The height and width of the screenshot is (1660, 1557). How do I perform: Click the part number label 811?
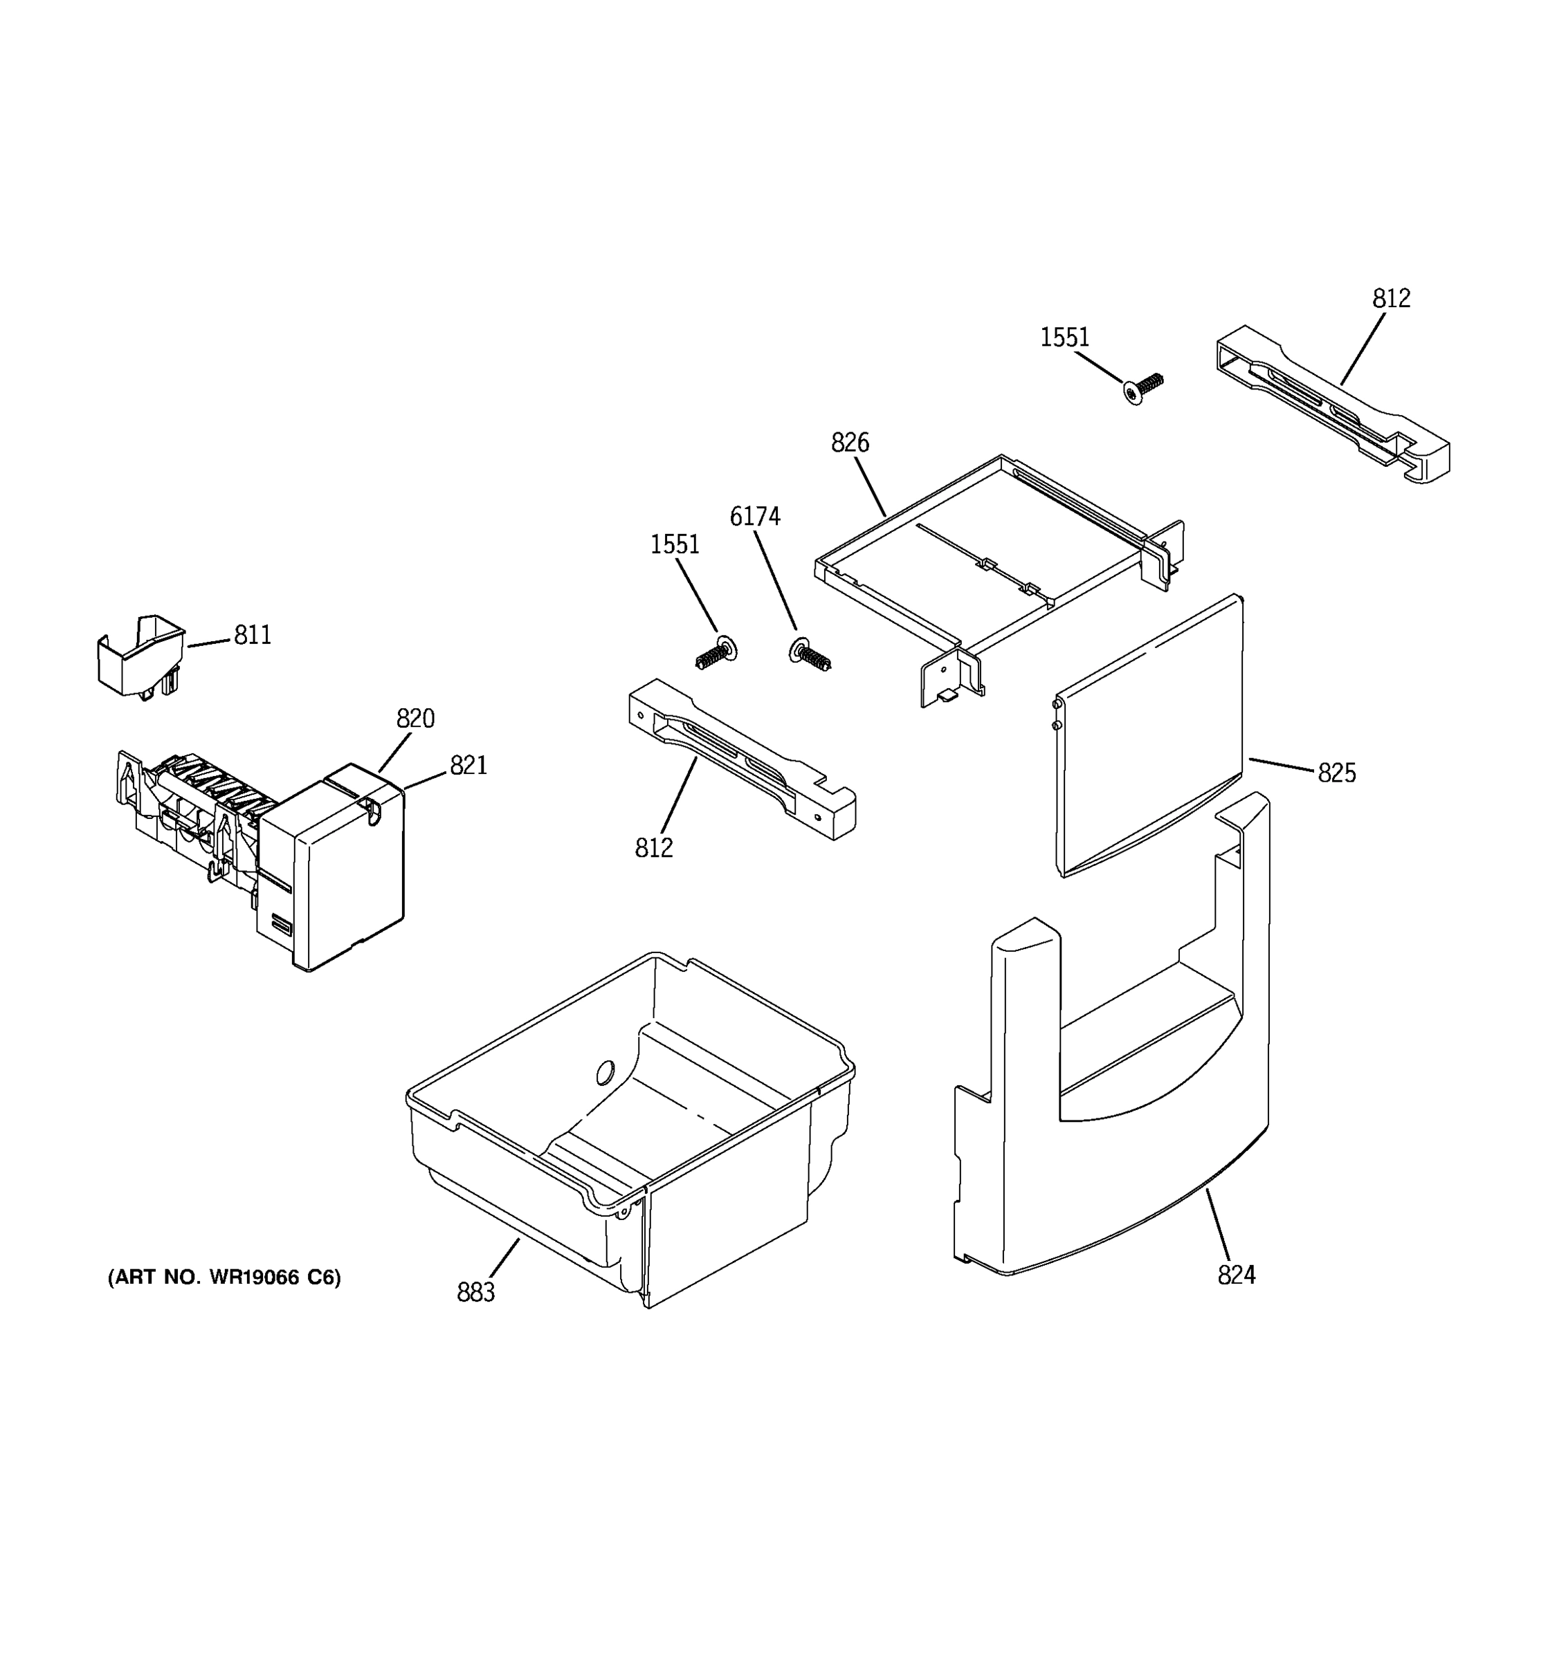(x=253, y=636)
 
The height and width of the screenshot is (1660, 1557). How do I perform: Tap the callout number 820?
(x=415, y=718)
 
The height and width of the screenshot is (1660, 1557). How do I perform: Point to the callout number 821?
(x=468, y=765)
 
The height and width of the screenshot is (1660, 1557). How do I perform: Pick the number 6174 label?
(x=754, y=517)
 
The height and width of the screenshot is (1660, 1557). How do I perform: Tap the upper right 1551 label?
(x=1064, y=338)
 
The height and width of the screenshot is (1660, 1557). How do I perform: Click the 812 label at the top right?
(x=1391, y=298)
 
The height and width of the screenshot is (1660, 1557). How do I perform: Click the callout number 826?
(x=850, y=443)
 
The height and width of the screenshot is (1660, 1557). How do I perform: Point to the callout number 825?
(x=1336, y=773)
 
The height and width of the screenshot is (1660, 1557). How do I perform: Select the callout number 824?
(x=1236, y=1274)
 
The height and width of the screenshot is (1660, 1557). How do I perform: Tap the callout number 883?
(x=475, y=1292)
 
